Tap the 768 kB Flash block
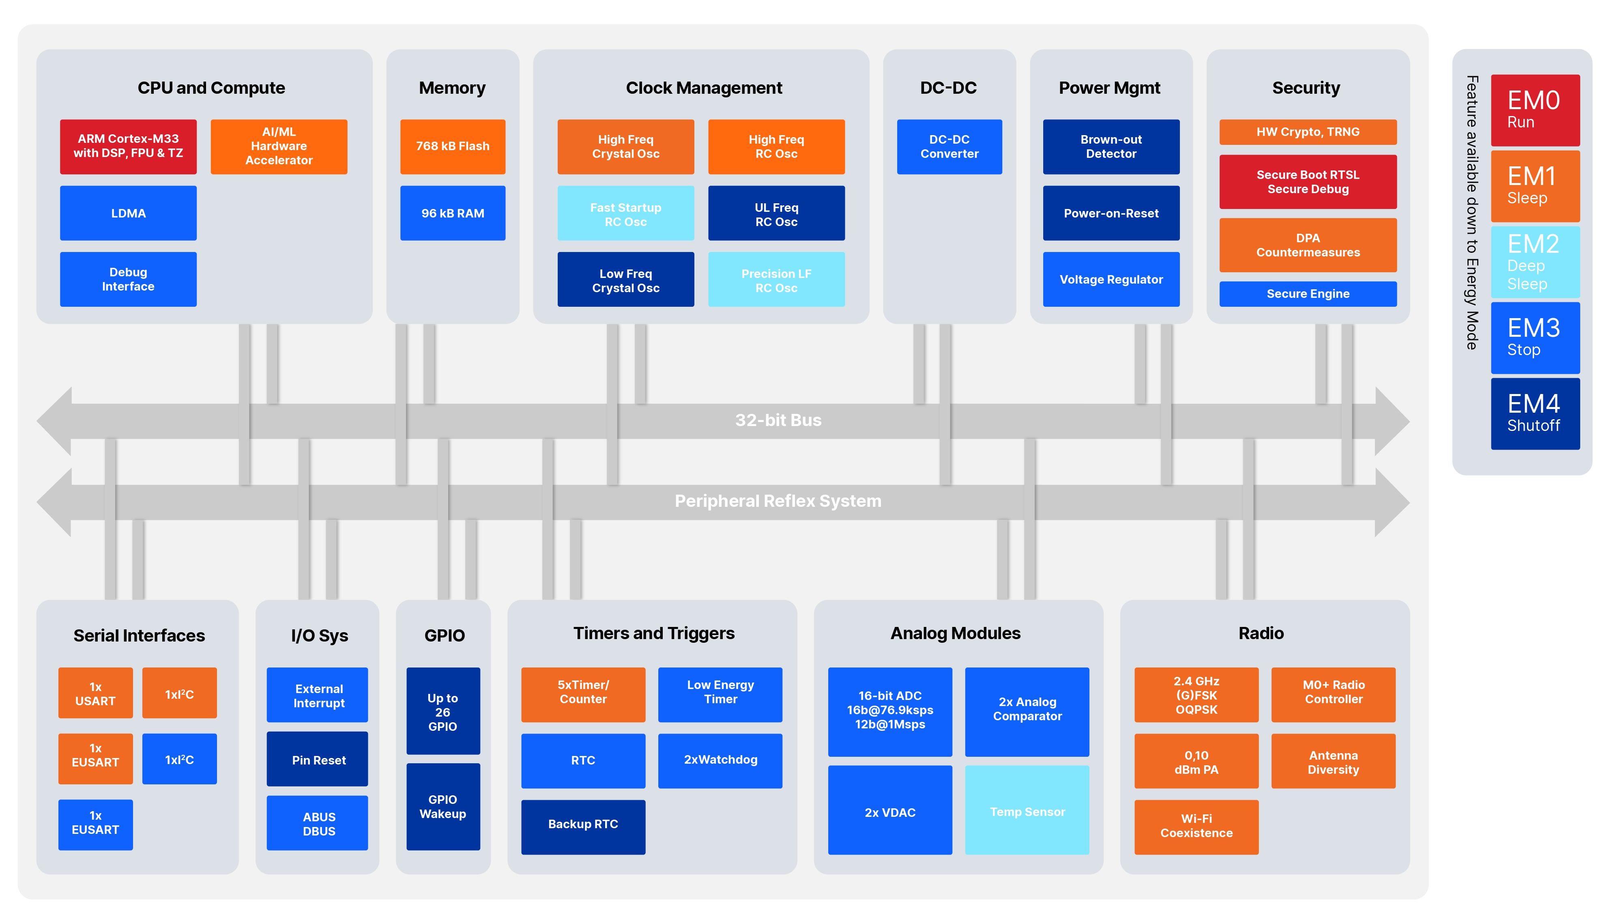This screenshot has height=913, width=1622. pyautogui.click(x=452, y=146)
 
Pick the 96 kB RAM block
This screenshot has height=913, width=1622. pyautogui.click(x=452, y=213)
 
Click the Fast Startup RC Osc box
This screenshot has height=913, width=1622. pyautogui.click(x=625, y=214)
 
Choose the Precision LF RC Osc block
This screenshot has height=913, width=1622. pyautogui.click(x=776, y=280)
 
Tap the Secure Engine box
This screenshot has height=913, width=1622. pyautogui.click(x=1307, y=294)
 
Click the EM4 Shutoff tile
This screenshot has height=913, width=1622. pyautogui.click(x=1534, y=413)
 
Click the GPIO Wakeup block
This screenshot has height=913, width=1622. pyautogui.click(x=443, y=807)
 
